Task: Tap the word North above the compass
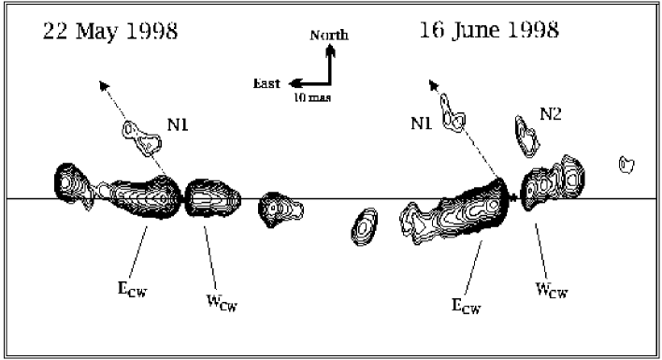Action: (x=329, y=36)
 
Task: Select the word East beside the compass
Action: (x=266, y=83)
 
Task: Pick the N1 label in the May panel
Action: (x=179, y=123)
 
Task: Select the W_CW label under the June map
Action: (x=551, y=290)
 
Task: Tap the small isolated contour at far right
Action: (x=627, y=165)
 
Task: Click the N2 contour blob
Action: (x=526, y=135)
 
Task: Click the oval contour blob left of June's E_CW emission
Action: (x=364, y=225)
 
